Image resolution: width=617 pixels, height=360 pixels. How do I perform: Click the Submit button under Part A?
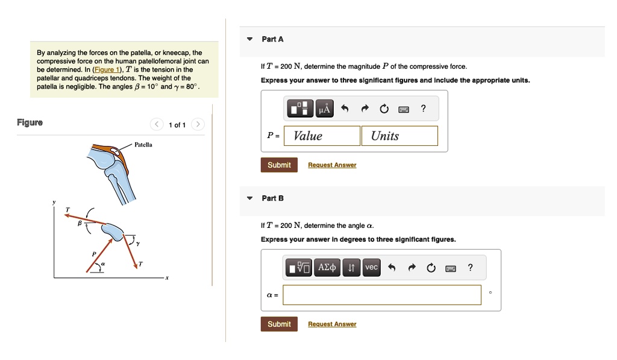pos(279,165)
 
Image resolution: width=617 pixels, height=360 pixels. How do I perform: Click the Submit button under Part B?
pos(279,324)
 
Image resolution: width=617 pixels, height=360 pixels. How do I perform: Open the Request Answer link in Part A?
pos(332,165)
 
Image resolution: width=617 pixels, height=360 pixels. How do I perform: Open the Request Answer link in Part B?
pos(332,324)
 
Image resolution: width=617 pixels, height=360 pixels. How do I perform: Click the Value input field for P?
pos(322,136)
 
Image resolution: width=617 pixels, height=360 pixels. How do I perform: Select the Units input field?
pos(399,136)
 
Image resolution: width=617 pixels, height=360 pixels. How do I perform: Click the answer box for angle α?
pos(382,295)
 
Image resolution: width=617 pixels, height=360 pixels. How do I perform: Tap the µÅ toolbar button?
pos(325,109)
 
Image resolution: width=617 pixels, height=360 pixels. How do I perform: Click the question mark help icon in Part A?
pos(424,109)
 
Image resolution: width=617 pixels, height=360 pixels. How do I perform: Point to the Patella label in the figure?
pos(143,145)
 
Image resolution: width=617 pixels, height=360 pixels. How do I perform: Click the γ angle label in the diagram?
pos(137,243)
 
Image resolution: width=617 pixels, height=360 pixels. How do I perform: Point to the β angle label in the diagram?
pos(78,223)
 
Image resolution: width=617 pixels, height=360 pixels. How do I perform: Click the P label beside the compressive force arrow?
pos(93,254)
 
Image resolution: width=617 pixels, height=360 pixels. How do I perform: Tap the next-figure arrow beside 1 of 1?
pos(198,125)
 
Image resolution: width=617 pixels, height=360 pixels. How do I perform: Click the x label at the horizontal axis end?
pos(168,278)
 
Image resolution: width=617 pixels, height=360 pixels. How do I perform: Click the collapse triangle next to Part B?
pos(250,198)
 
